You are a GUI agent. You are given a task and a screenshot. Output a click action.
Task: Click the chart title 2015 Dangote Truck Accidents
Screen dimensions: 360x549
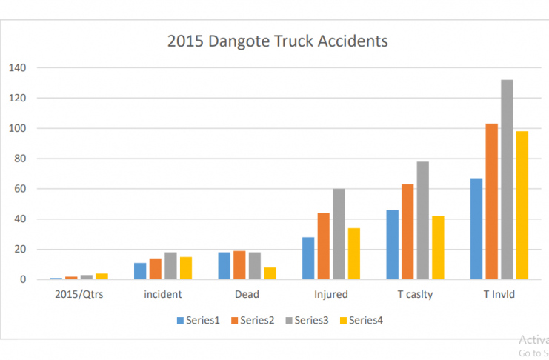[278, 41]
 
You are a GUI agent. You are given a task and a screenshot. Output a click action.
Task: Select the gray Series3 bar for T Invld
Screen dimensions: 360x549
[507, 180]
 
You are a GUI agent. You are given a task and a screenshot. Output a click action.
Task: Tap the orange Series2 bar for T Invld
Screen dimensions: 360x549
[491, 201]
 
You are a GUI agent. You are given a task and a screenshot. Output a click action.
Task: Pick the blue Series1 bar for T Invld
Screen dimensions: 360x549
[476, 229]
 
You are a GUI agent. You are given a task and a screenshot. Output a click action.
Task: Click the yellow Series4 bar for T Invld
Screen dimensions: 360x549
[522, 205]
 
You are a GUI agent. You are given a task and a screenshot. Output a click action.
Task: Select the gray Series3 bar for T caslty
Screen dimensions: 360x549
[422, 221]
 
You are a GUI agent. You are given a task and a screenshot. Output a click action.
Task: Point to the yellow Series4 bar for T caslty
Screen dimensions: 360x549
[438, 247]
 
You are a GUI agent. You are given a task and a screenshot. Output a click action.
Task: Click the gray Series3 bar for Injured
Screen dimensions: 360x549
[339, 234]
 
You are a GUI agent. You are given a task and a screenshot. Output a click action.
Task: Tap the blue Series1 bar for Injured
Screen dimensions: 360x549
[307, 259]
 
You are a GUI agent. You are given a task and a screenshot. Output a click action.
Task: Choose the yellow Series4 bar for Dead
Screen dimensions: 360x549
[270, 273]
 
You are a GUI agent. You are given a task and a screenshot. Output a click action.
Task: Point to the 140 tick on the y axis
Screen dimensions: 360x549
[16, 68]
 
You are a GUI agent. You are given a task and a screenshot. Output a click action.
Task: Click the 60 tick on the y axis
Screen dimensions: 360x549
[19, 189]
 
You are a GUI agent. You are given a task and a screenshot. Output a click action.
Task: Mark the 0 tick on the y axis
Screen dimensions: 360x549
[22, 280]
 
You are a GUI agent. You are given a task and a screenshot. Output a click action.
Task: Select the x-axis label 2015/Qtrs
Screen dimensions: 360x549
[78, 295]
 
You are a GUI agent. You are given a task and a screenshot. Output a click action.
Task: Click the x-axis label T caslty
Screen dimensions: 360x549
[415, 295]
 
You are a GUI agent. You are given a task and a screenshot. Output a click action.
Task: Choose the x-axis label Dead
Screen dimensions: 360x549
[247, 295]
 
